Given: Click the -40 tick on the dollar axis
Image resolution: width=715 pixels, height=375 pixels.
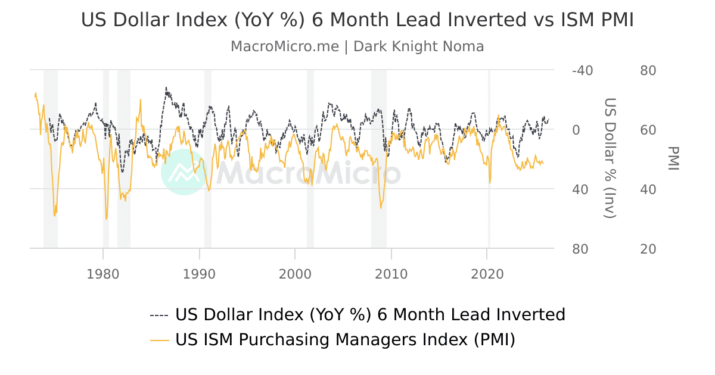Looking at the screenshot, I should click(x=582, y=70).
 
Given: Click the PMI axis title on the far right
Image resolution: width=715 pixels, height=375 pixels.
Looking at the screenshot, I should click(x=673, y=158).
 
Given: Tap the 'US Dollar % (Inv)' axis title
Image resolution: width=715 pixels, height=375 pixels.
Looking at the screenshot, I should click(x=610, y=158).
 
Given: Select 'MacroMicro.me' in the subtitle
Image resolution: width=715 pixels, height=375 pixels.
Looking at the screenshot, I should click(x=284, y=46).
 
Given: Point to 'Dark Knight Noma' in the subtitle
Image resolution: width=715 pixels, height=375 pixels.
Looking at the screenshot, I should click(x=419, y=46).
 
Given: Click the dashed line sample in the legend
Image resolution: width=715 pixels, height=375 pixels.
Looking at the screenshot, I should click(x=159, y=315).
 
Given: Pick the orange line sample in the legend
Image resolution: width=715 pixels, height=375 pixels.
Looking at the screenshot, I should click(x=159, y=340).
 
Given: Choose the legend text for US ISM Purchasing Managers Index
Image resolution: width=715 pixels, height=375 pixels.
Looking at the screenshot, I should click(x=345, y=340).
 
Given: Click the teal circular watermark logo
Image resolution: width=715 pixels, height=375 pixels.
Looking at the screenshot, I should click(x=184, y=172).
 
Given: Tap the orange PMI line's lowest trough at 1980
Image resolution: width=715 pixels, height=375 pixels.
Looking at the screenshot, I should click(x=106, y=218).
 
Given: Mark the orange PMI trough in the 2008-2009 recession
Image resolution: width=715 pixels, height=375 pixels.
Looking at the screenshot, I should click(x=381, y=207).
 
